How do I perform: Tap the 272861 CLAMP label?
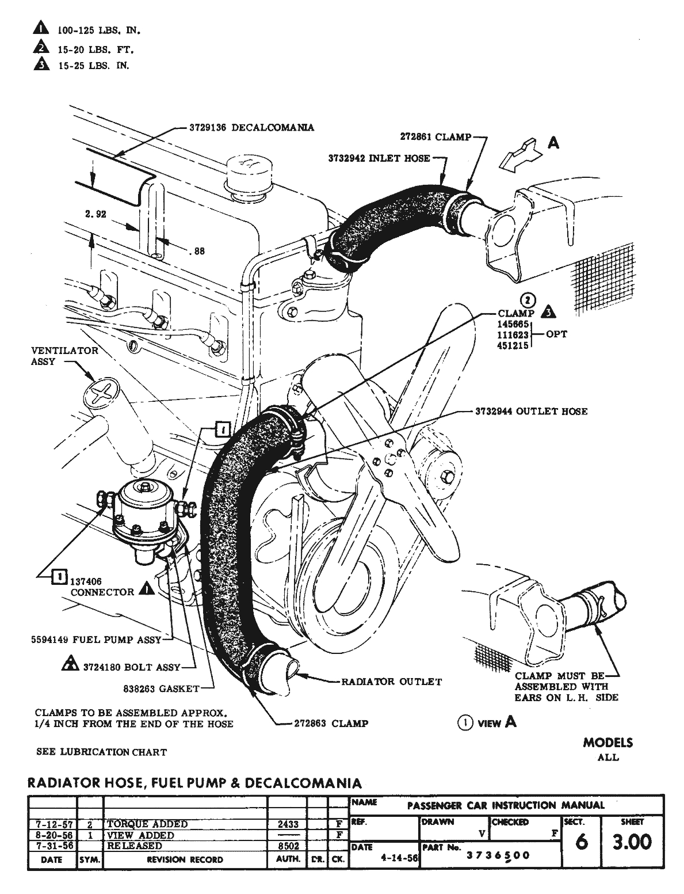pos(435,137)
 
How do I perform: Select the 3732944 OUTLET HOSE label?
pos(531,411)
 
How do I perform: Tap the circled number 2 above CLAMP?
pos(528,300)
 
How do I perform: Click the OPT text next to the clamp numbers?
pos(556,334)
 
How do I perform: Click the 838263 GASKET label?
pos(161,688)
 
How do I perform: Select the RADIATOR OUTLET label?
pos(391,682)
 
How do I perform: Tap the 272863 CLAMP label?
pos(330,723)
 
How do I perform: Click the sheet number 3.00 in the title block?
pos(632,842)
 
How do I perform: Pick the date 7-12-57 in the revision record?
pos(52,824)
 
